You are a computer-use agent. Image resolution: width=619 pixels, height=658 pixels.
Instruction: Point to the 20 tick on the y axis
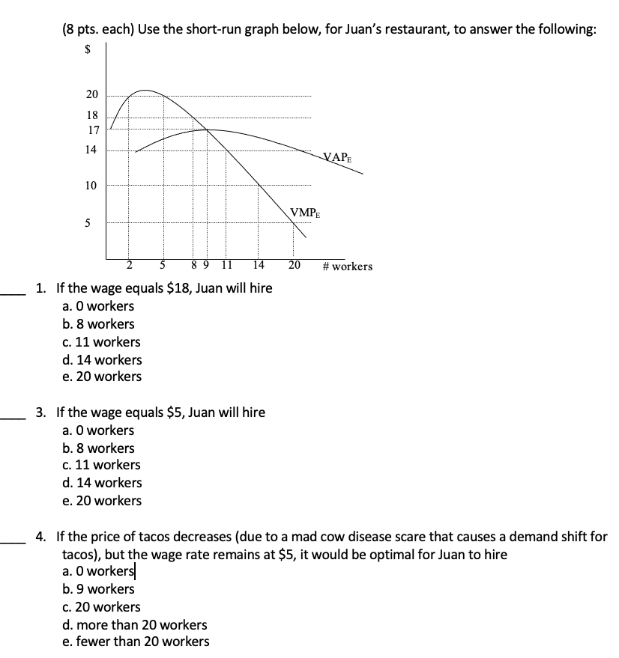[x=91, y=95]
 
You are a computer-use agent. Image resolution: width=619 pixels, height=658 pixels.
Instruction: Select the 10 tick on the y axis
[x=91, y=186]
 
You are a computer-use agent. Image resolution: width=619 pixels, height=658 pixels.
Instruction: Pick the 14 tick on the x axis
[x=258, y=265]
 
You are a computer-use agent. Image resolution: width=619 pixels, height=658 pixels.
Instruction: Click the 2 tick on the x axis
[x=128, y=265]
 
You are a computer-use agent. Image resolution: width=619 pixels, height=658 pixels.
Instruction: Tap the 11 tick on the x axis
[x=227, y=265]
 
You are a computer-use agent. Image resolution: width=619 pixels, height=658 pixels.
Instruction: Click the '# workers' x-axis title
[x=347, y=266]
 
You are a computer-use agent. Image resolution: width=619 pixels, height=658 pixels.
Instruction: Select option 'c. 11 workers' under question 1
[x=101, y=342]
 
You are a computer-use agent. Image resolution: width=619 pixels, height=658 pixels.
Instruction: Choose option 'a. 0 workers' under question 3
[x=98, y=430]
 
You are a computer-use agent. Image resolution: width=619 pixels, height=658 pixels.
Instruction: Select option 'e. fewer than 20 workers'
[x=136, y=642]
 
